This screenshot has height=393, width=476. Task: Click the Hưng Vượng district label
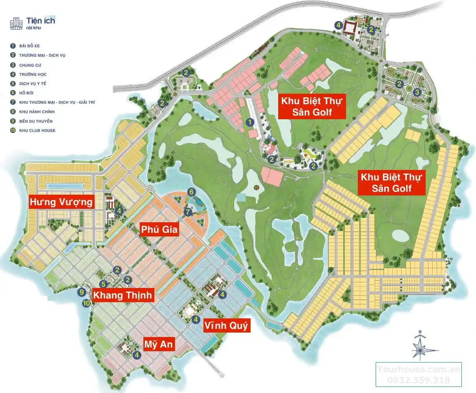point(61,202)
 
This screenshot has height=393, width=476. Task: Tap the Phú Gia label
point(159,230)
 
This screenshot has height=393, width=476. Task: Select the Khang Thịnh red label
point(122,295)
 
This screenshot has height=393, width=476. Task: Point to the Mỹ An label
point(159,345)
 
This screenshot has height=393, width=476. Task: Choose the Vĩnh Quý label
point(226,325)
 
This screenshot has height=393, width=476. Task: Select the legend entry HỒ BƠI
point(26,93)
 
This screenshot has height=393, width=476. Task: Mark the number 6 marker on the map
point(191,192)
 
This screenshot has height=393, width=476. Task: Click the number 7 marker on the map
point(188,212)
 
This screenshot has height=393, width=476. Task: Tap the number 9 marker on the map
point(82,292)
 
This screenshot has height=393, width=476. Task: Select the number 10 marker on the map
point(86,303)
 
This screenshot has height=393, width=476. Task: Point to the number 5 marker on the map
point(104,284)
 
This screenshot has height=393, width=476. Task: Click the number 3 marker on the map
point(417,92)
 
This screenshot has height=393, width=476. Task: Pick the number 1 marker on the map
point(251,121)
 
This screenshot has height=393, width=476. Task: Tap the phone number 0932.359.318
point(418,380)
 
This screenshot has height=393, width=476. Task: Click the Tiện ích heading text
point(41,20)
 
